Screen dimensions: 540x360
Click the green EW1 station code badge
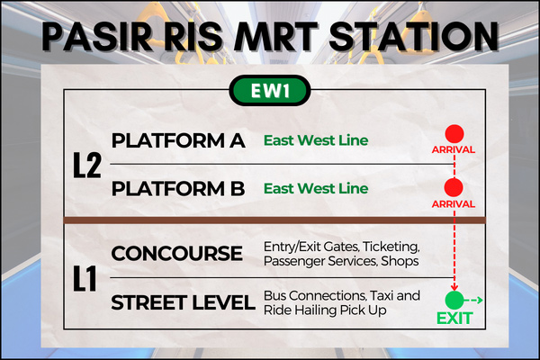[270, 90]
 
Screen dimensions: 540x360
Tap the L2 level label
[87, 166]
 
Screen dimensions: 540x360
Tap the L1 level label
[85, 279]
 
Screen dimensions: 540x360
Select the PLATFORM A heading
[178, 140]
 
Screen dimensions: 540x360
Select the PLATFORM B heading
[178, 188]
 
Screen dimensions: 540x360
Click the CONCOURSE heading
[176, 254]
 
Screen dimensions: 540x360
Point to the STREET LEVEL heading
[183, 302]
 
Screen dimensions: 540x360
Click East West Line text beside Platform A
[316, 140]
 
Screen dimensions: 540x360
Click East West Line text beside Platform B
[316, 188]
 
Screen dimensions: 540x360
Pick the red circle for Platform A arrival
[454, 134]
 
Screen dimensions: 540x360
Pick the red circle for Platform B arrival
[454, 188]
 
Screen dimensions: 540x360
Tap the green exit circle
[454, 301]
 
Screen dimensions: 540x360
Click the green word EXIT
[454, 319]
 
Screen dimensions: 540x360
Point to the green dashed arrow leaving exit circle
[473, 301]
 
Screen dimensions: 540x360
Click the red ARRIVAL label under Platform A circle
[454, 150]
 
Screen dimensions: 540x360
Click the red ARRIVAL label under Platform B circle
[454, 204]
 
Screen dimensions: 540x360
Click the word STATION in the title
[414, 36]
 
